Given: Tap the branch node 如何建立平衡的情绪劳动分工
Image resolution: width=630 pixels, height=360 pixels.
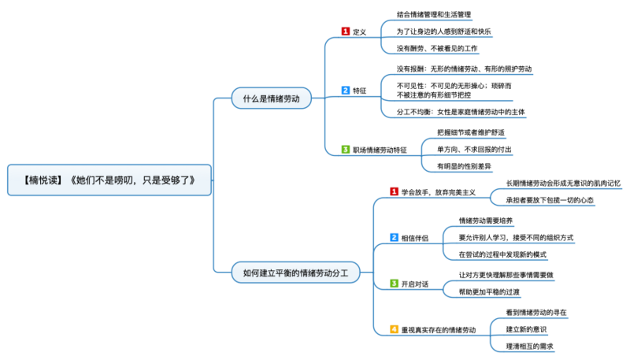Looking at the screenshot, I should point(295,273).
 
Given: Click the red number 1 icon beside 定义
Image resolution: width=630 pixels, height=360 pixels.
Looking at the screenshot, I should point(345,32).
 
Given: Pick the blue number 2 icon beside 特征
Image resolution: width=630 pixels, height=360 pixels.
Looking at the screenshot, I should point(345,91).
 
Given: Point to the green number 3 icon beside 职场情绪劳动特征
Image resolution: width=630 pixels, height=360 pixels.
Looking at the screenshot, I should point(345,149).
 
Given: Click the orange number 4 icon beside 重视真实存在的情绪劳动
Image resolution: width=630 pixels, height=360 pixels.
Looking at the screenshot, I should point(395,328).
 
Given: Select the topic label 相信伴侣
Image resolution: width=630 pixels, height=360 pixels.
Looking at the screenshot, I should point(415,237).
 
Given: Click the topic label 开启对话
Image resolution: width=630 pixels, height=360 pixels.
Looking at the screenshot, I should point(415,284).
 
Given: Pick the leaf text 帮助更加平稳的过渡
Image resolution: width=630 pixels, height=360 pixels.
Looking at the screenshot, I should point(489,291).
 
